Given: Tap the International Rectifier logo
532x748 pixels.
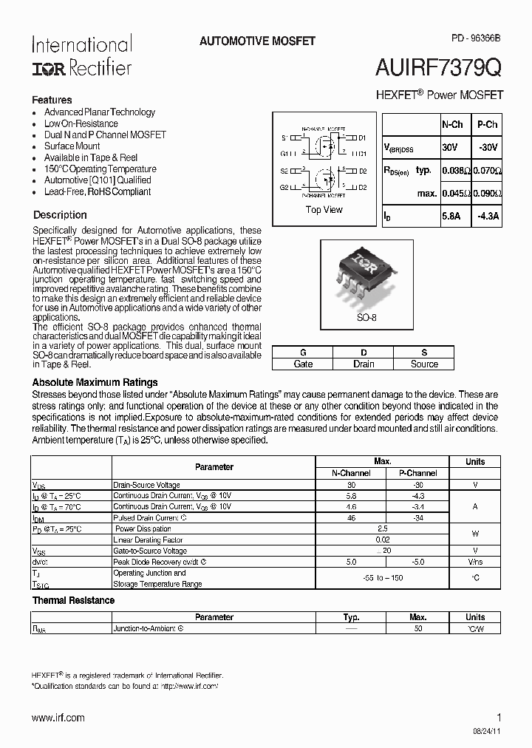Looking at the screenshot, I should click(x=81, y=55).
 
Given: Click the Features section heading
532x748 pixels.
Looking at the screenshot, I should click(x=52, y=100).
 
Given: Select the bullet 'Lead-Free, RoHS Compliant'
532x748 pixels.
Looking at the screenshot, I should click(x=97, y=191).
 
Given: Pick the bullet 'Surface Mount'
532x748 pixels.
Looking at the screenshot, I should click(x=72, y=146).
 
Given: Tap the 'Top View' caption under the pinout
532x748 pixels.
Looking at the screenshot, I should click(x=324, y=210).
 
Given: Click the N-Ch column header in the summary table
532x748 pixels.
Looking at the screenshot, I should click(x=452, y=126).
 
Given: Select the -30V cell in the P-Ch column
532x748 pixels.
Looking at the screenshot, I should click(x=488, y=148).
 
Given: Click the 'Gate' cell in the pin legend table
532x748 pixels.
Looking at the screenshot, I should click(x=303, y=364).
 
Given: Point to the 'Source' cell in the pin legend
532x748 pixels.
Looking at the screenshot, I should click(x=424, y=364).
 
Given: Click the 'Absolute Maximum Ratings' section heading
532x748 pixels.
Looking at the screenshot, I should click(x=95, y=382).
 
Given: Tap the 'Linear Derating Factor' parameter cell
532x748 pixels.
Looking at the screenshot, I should click(x=149, y=540).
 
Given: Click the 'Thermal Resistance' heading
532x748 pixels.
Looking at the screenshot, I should click(x=73, y=600).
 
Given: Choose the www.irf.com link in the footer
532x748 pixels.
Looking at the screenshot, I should click(x=58, y=718).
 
